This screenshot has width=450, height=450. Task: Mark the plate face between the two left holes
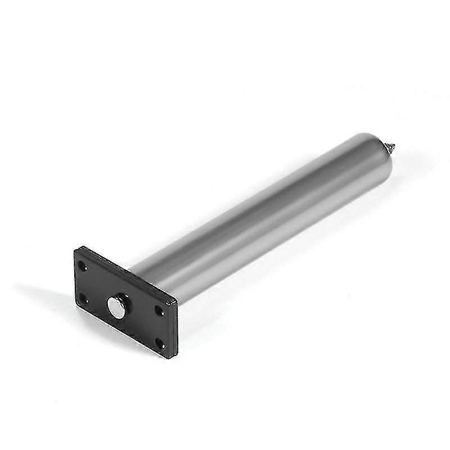tap(83, 282)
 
